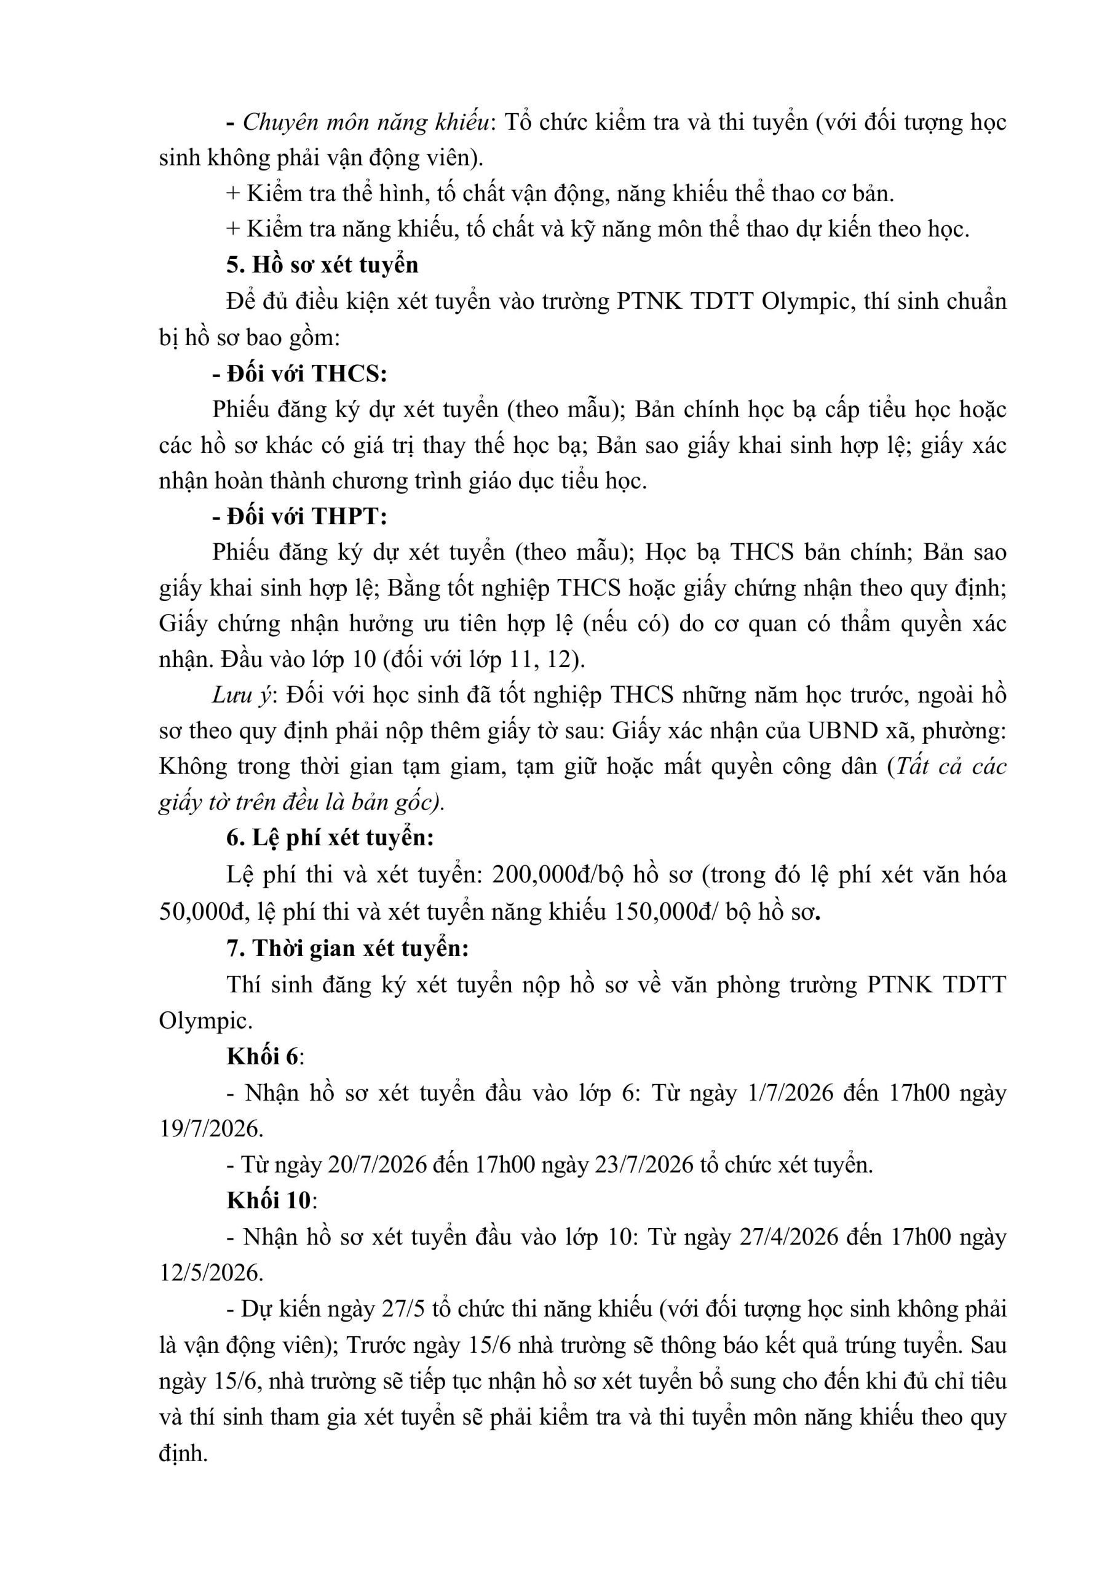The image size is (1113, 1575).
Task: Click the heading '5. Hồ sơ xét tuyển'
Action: coord(322,265)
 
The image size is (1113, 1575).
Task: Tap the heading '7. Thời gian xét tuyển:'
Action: coord(347,948)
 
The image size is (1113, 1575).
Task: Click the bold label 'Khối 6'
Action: coord(263,1056)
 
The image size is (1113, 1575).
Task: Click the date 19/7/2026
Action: coord(210,1128)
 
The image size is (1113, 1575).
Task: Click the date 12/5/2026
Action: coord(210,1272)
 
